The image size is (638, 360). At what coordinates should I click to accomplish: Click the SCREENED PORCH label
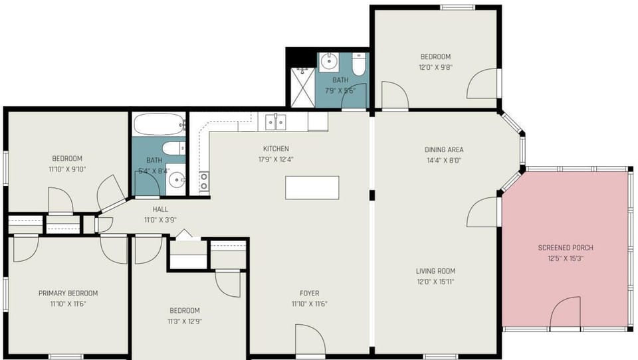point(565,248)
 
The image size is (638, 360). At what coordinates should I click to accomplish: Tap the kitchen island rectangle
point(312,187)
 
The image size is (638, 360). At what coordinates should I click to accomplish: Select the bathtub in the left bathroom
point(159,124)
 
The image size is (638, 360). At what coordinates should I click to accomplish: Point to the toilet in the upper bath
point(359,64)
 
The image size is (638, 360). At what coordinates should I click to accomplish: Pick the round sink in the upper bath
point(329,62)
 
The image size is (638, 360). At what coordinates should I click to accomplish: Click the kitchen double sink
point(276,122)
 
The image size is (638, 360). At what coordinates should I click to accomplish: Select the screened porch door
point(565,313)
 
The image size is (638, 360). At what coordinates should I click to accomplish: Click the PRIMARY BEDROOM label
point(68,294)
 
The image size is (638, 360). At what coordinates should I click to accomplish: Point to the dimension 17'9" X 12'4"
point(276,159)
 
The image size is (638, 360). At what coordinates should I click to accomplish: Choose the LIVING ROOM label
point(435,271)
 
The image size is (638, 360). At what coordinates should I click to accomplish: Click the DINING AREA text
point(444,150)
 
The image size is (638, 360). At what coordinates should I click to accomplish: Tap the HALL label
point(160,209)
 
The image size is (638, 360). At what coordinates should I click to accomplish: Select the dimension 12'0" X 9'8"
point(435,67)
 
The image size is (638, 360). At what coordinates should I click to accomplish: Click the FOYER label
point(309,294)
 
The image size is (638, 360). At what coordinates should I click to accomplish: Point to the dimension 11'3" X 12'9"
point(184,321)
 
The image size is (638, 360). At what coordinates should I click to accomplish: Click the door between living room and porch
point(483,213)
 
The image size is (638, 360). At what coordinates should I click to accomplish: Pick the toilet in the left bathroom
point(173,148)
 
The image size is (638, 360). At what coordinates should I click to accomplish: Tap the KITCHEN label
point(276,149)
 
